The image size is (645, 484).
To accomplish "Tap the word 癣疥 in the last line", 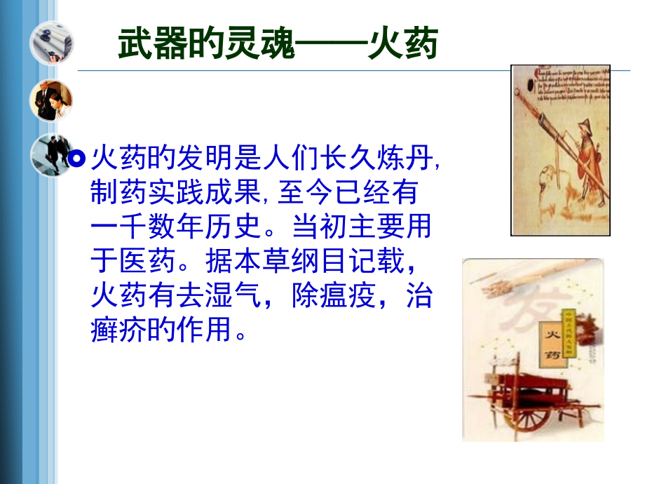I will pyautogui.click(x=120, y=329).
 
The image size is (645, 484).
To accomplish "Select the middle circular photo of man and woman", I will pyautogui.click(x=50, y=100).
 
